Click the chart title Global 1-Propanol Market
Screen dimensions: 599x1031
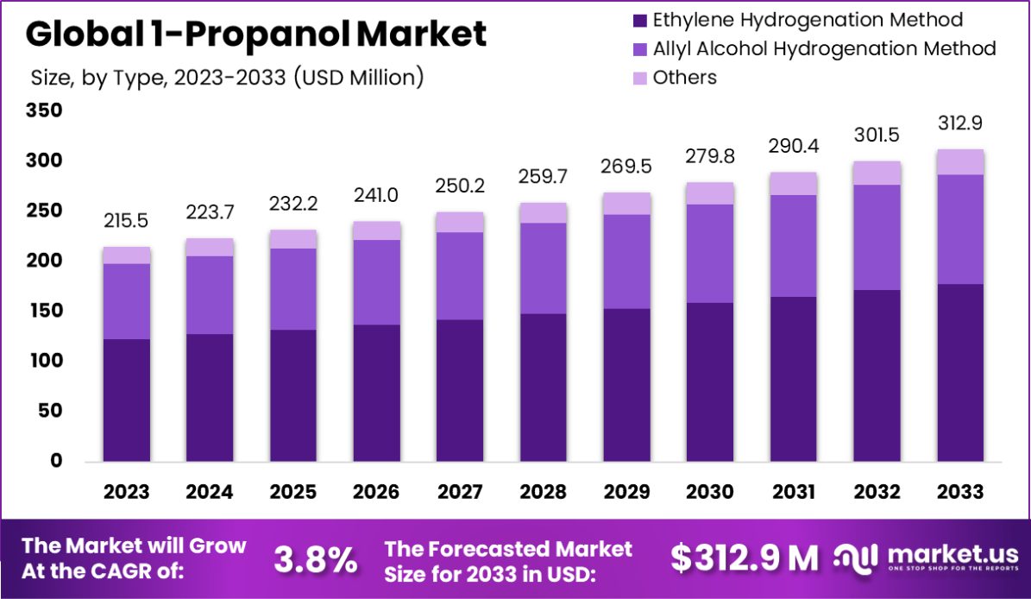pos(256,35)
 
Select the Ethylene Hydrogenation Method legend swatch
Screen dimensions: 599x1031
pos(639,20)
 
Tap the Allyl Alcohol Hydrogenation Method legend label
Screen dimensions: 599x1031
pos(824,48)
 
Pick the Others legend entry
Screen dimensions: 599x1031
pos(684,78)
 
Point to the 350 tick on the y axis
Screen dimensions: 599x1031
pos(44,110)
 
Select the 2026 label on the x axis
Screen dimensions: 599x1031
pos(376,492)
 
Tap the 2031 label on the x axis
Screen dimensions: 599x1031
pos(793,492)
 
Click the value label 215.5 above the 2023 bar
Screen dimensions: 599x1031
pos(126,221)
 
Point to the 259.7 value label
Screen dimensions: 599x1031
pos(543,176)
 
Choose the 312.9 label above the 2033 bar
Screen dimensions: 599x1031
pos(959,123)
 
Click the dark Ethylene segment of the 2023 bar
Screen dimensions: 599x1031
pos(126,400)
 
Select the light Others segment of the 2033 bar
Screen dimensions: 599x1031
pos(959,161)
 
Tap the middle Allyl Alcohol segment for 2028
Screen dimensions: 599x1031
pos(543,268)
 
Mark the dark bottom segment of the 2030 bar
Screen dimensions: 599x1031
pos(710,382)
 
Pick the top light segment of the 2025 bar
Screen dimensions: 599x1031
pos(292,239)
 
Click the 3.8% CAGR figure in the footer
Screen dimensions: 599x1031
pos(316,559)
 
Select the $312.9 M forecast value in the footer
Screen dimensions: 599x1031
pos(745,559)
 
